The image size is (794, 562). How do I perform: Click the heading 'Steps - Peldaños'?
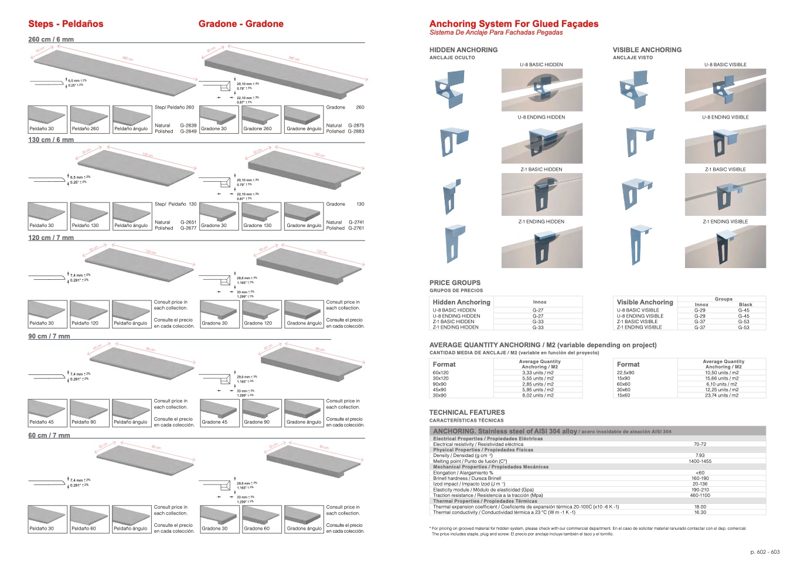66,24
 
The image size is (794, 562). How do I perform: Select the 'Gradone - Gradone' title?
241,24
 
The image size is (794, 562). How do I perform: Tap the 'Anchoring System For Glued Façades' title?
514,24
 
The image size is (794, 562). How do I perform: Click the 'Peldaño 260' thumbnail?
89,120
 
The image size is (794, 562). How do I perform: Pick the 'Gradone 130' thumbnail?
260,216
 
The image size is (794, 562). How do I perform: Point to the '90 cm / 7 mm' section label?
49,336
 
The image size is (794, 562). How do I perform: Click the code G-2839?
188,126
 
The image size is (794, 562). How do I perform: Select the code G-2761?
356,228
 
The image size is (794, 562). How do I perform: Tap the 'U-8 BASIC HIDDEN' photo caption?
541,65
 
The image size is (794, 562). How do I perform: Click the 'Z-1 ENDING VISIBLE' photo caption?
725,222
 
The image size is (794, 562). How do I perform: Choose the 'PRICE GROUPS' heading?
455,283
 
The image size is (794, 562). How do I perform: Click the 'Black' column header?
745,304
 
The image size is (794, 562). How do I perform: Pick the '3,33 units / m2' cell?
538,373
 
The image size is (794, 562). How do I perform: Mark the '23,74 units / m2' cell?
721,395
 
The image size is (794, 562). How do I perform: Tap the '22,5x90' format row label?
625,373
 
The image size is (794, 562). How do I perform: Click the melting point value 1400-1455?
700,461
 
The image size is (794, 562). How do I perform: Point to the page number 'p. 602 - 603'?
765,552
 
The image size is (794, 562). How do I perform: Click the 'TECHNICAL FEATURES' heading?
466,412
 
